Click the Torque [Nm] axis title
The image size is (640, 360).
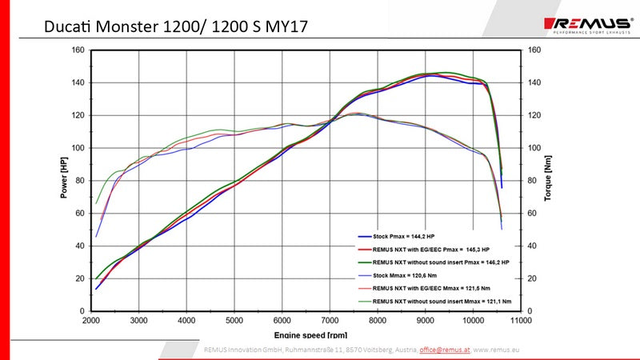pyautogui.click(x=549, y=179)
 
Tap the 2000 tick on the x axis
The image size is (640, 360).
pyautogui.click(x=91, y=320)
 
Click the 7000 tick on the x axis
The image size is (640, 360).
pyautogui.click(x=330, y=320)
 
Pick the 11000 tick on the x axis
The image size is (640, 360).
pyautogui.click(x=520, y=320)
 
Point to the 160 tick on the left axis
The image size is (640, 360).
pyautogui.click(x=78, y=50)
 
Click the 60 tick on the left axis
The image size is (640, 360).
pyautogui.click(x=81, y=213)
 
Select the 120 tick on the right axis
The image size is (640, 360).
pyautogui.click(x=534, y=115)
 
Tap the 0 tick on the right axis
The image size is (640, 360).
pyautogui.click(x=530, y=310)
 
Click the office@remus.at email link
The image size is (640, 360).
pyautogui.click(x=445, y=350)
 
